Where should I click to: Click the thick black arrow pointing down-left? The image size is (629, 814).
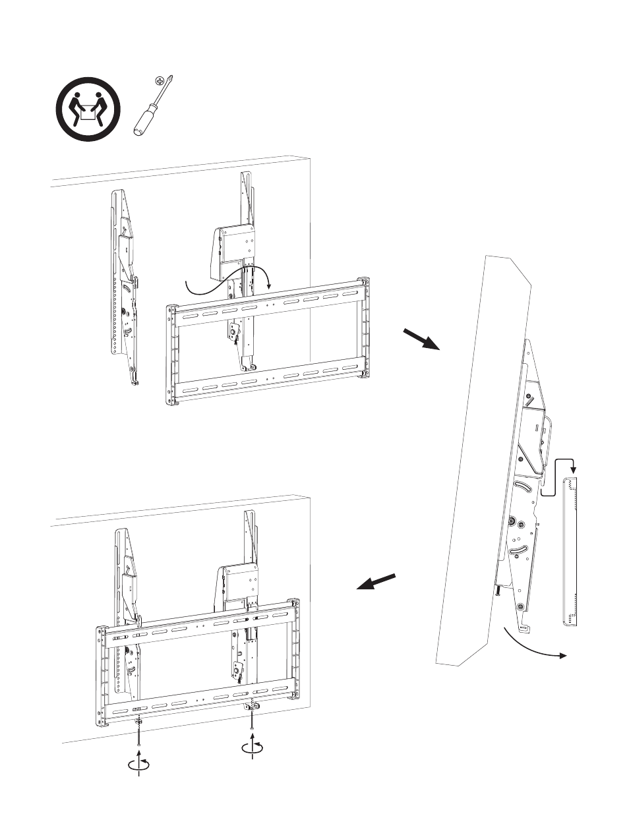(377, 582)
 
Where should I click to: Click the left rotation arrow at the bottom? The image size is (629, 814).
(139, 763)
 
